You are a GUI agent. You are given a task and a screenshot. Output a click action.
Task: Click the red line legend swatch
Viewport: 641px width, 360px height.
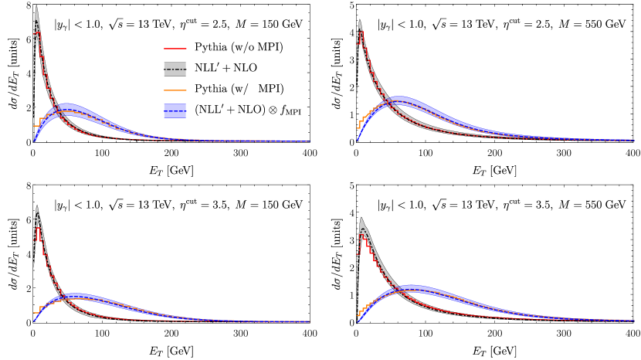point(175,49)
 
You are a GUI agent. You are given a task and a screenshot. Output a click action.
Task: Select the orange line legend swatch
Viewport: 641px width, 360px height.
point(175,90)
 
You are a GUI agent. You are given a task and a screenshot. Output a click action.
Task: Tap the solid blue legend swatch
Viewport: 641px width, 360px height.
point(175,110)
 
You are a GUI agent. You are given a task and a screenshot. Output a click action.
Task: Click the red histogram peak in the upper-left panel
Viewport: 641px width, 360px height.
point(38,32)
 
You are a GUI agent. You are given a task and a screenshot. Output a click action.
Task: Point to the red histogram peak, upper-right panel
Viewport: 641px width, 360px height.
point(361,32)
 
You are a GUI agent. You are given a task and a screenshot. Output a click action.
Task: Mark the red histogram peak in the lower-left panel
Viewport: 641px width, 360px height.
point(38,228)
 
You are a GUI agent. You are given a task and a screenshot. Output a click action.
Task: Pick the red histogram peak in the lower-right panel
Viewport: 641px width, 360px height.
point(361,235)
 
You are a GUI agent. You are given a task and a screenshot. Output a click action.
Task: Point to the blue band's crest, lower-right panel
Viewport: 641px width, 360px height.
point(411,285)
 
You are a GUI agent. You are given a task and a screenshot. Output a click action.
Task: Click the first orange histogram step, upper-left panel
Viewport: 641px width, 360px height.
point(36,125)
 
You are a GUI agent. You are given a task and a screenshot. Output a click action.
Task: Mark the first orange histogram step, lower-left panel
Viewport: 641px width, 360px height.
point(36,313)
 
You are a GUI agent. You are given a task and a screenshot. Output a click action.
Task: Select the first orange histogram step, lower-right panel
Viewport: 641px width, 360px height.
point(358,315)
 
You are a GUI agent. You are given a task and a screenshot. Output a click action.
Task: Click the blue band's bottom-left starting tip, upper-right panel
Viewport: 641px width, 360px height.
point(357,140)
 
